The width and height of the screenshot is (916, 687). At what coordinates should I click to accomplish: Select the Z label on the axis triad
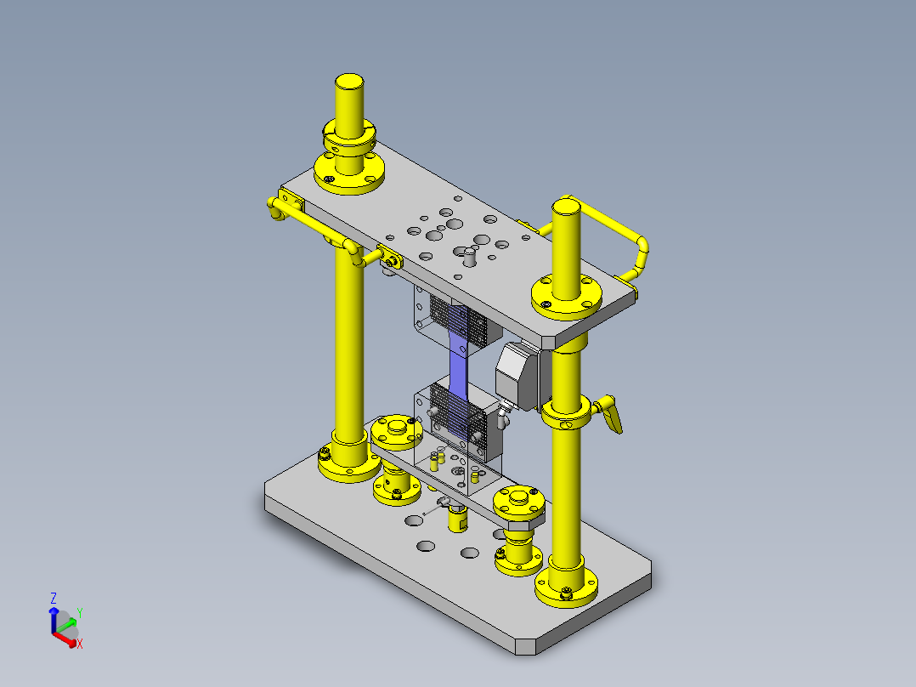tap(54, 598)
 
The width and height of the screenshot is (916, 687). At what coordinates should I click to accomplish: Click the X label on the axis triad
tap(80, 644)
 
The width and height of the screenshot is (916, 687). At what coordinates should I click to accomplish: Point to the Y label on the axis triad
tap(80, 612)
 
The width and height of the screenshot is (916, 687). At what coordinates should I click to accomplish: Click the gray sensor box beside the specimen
tap(517, 375)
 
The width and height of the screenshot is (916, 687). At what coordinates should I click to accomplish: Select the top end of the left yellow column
tap(349, 82)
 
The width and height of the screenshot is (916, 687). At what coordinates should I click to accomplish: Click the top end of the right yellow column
tap(566, 207)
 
